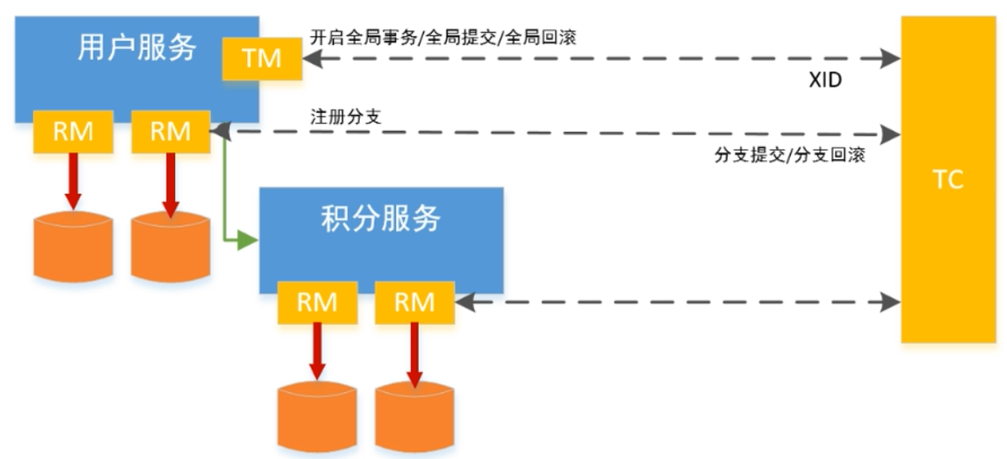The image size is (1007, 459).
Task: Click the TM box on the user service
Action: [262, 58]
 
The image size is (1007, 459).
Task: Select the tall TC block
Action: [948, 179]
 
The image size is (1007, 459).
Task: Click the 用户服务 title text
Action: [136, 49]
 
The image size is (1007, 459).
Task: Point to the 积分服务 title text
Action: [380, 218]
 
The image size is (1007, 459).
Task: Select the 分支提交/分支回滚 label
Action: [789, 155]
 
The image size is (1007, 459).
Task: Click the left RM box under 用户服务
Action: [73, 132]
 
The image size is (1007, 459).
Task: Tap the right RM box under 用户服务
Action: [170, 132]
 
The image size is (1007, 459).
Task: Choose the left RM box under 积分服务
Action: [317, 301]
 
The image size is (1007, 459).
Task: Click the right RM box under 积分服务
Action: [415, 301]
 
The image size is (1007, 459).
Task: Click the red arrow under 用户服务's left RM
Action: [73, 180]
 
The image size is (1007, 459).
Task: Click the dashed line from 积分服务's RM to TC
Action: [679, 300]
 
